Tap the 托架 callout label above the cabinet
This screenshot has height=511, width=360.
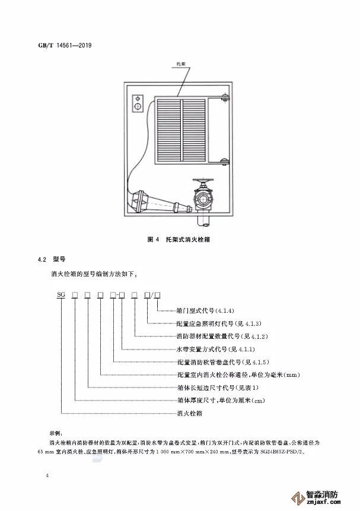coord(183,62)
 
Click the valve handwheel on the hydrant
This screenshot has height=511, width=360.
coord(204,180)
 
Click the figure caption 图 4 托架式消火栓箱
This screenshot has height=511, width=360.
coord(180,240)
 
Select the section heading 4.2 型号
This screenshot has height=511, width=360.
coord(50,260)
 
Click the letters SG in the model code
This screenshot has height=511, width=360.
coord(60,294)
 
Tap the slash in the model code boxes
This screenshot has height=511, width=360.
coord(152,294)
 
